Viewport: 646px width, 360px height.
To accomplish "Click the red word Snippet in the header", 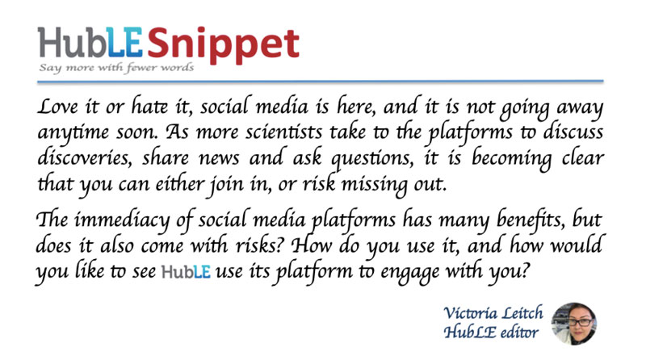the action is tap(223, 44).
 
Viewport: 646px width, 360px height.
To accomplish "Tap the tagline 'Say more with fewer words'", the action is tap(116, 68).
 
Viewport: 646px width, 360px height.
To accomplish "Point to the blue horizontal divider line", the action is tap(320, 82).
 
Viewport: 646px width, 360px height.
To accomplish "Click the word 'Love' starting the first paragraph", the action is tap(57, 107).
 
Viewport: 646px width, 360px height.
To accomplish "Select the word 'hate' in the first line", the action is tap(149, 107).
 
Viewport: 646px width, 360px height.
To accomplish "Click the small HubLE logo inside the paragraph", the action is tap(186, 272).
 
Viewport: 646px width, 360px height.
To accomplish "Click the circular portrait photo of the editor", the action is tap(574, 324).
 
